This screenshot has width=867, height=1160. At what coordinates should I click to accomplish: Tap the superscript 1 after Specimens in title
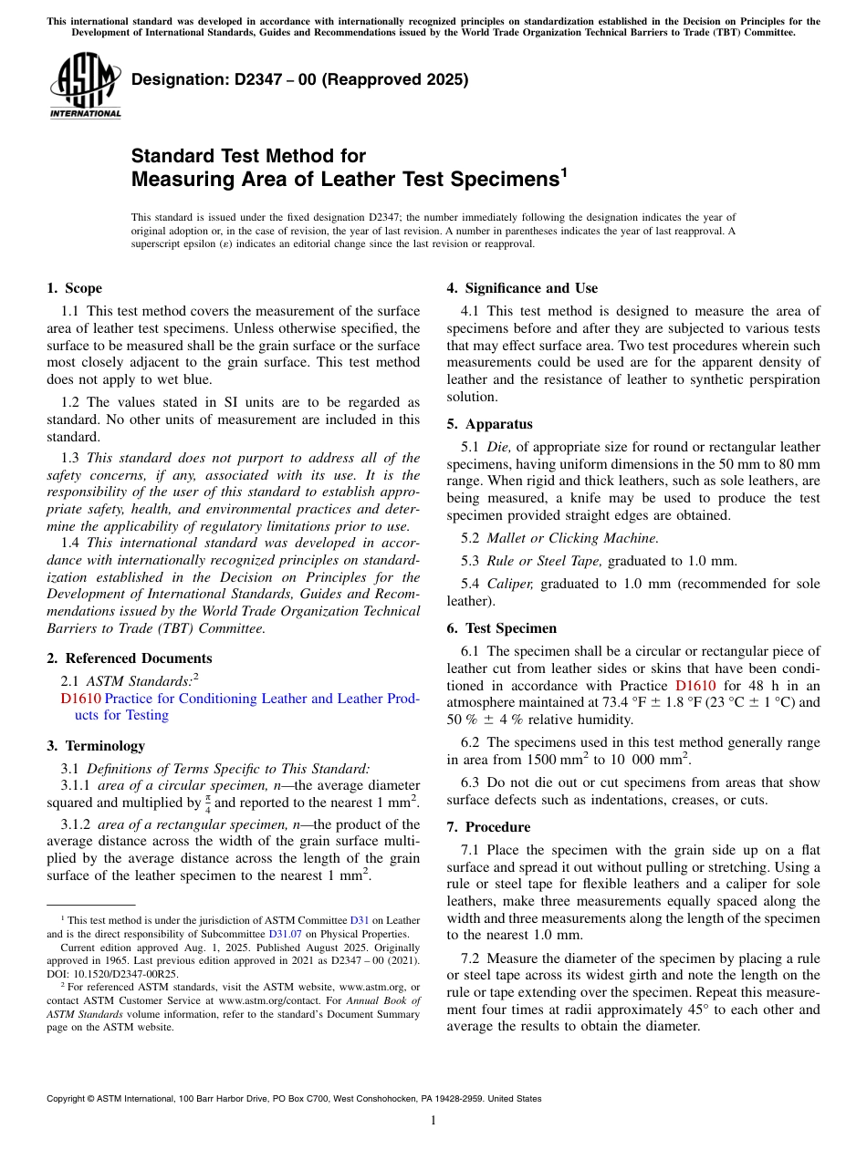(563, 171)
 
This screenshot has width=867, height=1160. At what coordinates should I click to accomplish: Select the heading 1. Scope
(74, 288)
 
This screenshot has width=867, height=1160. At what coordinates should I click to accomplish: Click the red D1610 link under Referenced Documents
(80, 699)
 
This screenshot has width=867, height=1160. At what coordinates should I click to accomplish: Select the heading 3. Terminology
(95, 746)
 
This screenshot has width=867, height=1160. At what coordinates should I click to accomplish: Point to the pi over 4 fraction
(208, 803)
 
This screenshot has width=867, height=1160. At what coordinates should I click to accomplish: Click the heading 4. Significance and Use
(522, 288)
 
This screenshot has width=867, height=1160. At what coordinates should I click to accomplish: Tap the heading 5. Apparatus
(489, 424)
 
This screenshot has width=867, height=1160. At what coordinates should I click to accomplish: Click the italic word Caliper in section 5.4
(509, 584)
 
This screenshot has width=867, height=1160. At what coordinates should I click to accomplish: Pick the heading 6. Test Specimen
(501, 628)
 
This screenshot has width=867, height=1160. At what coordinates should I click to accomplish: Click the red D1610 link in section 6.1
(695, 686)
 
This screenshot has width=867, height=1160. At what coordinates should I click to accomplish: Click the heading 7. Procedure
(488, 827)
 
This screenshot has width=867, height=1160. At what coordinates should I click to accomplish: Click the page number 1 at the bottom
(433, 1121)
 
